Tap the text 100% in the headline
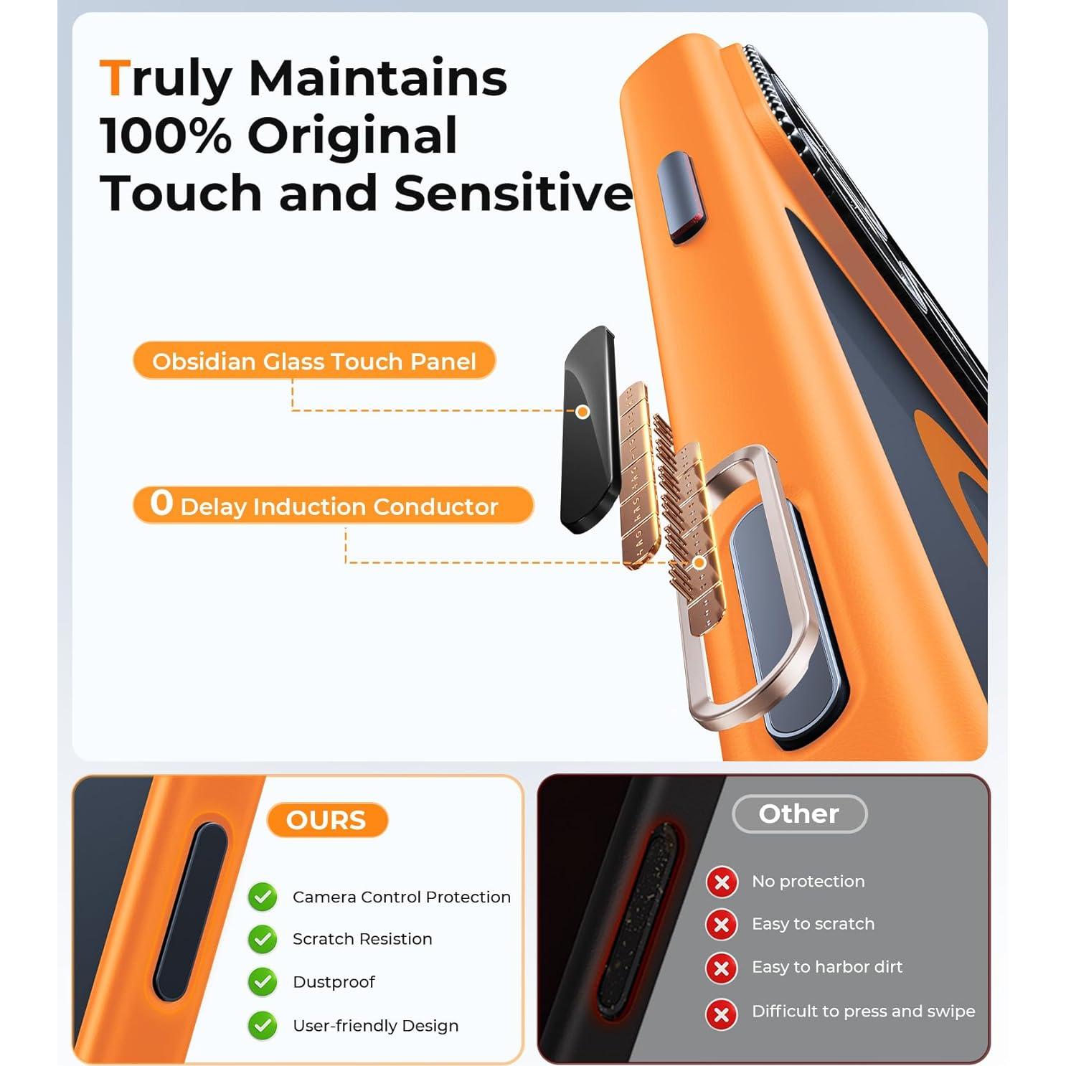pos(166,136)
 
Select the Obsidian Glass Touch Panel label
pos(314,361)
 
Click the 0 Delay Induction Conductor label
pos(334,505)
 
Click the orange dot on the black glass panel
pos(582,412)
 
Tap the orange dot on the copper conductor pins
pos(699,563)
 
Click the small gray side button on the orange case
pos(682,198)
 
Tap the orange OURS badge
pos(326,819)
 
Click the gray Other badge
pos(799,813)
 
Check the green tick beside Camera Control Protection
pos(263,897)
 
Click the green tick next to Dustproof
pos(263,981)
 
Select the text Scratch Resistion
pos(362,939)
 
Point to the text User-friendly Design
pos(375,1025)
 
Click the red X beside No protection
pos(722,882)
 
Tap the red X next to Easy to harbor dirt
pos(722,968)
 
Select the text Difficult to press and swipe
pos(863,1011)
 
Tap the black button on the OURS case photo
pos(190,911)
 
